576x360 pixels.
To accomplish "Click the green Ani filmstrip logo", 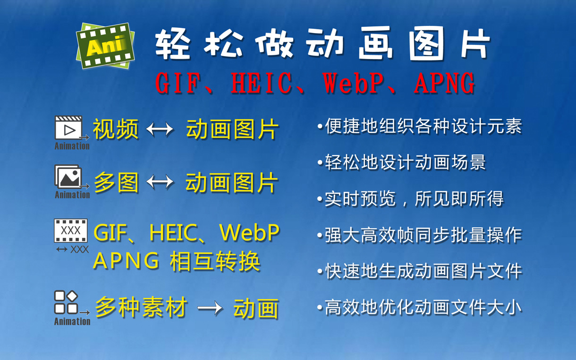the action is [x=105, y=46].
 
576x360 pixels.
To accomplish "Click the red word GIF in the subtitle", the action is [x=178, y=83].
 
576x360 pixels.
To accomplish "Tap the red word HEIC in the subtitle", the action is [x=261, y=83].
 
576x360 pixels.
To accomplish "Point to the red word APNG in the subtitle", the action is [x=445, y=83].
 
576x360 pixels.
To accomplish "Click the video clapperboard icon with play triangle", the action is [x=68, y=128].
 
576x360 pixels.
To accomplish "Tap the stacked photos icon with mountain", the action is [x=68, y=177].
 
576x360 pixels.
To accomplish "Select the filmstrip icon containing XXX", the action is [x=71, y=231].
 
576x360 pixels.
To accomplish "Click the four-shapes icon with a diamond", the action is [x=66, y=302].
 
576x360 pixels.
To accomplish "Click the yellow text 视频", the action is [x=116, y=129].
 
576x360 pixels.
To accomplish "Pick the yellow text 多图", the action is [x=117, y=182].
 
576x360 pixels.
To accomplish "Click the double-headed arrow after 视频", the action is [x=160, y=129].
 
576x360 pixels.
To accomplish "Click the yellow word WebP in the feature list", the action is [x=249, y=232].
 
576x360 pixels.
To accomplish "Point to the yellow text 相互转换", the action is [x=215, y=261].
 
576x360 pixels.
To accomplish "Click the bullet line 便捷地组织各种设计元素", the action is [x=420, y=126].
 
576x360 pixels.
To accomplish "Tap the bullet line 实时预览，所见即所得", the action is [x=410, y=199].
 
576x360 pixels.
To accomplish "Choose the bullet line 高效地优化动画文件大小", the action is [x=420, y=308].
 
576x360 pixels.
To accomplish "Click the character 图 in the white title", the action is [x=427, y=44].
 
